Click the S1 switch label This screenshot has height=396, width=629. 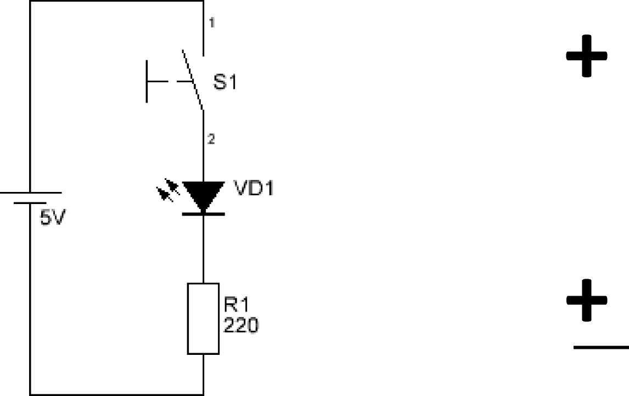click(x=224, y=82)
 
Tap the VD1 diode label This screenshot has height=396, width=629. click(x=254, y=188)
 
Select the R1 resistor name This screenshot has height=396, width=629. click(x=236, y=304)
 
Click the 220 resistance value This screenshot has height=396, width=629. click(x=241, y=325)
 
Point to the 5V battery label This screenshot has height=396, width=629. click(x=52, y=218)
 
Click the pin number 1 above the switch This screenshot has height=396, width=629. click(x=212, y=22)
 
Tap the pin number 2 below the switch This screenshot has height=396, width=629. click(x=211, y=139)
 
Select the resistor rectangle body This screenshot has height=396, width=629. click(x=204, y=319)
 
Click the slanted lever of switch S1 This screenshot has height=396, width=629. click(x=193, y=80)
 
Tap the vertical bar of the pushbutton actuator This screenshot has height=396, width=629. click(x=147, y=81)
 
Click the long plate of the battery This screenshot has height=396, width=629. click(x=31, y=193)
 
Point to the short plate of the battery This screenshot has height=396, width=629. click(x=30, y=203)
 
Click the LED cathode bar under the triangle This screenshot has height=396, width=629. click(x=204, y=214)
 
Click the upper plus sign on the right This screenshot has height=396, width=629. click(x=587, y=56)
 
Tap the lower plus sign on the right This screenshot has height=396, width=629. click(x=587, y=300)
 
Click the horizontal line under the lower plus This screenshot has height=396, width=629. click(x=602, y=347)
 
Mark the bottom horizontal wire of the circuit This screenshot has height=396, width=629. click(x=117, y=394)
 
